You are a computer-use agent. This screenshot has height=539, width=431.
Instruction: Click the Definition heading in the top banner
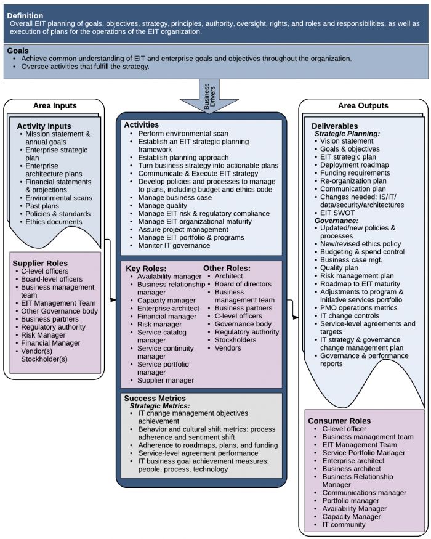tap(25, 15)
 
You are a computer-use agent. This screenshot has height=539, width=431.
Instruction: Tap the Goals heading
tap(18, 51)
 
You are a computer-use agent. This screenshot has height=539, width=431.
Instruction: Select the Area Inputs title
tap(55, 106)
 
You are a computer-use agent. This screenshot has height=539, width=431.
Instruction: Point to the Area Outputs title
tap(363, 106)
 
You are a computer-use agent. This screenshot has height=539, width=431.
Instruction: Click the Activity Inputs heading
tap(44, 126)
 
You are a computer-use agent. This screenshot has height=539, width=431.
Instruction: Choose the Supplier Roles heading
tap(40, 263)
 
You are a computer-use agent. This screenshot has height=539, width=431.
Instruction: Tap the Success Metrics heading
tap(155, 399)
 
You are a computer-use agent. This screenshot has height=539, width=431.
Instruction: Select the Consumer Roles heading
tap(339, 421)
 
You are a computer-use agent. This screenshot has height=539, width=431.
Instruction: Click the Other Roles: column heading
tap(227, 269)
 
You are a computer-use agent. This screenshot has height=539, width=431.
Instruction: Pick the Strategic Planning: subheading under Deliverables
tap(347, 133)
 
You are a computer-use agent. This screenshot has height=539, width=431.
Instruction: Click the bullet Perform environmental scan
tap(183, 134)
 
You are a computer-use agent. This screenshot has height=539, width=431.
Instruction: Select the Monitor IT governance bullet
tap(174, 245)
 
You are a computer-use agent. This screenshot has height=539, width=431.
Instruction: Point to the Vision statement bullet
tap(347, 141)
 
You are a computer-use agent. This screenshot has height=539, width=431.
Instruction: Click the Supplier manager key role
tap(165, 381)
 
